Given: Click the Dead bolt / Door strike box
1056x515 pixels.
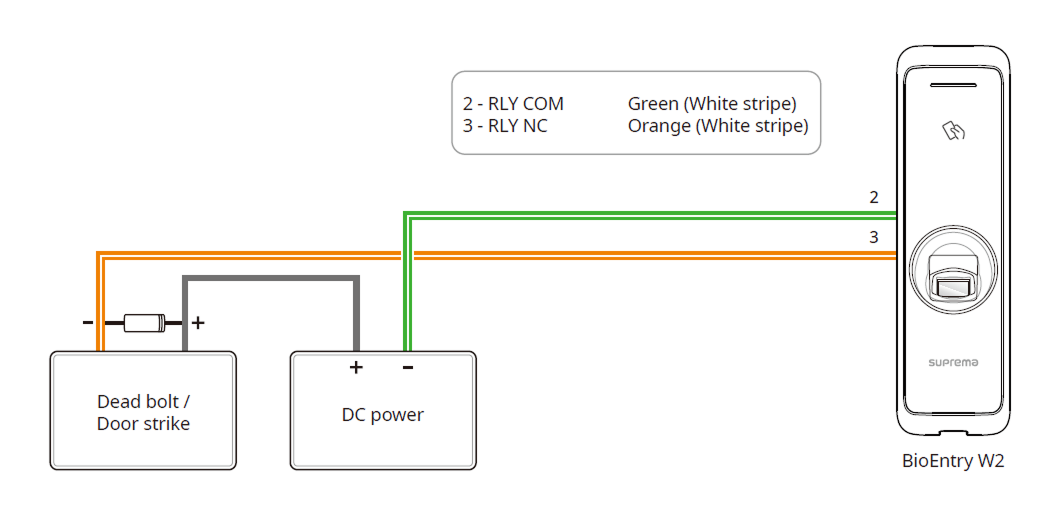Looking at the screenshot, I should click(x=143, y=411).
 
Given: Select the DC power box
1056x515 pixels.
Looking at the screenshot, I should click(x=382, y=411).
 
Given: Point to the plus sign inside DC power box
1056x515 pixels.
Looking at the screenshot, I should click(x=355, y=367).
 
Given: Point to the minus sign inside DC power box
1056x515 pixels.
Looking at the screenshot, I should click(x=408, y=367).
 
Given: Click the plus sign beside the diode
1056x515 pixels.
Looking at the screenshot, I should click(x=198, y=322).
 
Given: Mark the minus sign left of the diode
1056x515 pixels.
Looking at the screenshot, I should click(x=88, y=322).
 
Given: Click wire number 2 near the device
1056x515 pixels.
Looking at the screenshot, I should click(x=874, y=197).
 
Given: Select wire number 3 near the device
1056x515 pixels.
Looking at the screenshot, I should click(x=874, y=237).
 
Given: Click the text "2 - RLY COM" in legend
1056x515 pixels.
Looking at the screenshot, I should click(x=513, y=104).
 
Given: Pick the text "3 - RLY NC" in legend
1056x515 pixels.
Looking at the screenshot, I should click(x=505, y=126).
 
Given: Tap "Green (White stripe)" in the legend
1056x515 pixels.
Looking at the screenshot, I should click(x=712, y=104).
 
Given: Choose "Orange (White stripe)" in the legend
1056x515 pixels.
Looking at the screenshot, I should click(x=718, y=126).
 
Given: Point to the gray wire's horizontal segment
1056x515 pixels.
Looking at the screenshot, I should click(x=270, y=279).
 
